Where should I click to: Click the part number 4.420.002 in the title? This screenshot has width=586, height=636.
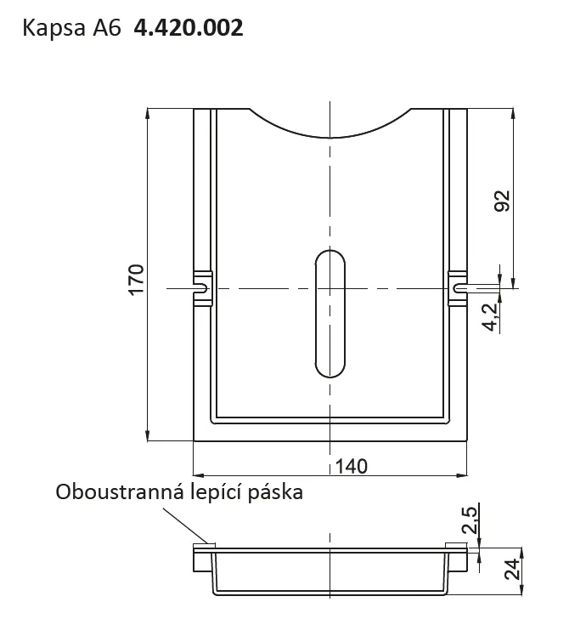[x=189, y=28]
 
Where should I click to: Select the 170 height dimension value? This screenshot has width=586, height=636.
[x=136, y=280]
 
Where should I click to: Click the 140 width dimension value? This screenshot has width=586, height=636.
[x=352, y=467]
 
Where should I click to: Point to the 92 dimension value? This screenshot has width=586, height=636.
[x=502, y=201]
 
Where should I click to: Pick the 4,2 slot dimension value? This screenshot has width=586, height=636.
[x=490, y=317]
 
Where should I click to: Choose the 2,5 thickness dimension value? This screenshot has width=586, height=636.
[x=470, y=520]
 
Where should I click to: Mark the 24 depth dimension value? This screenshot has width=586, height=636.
[x=512, y=569]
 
